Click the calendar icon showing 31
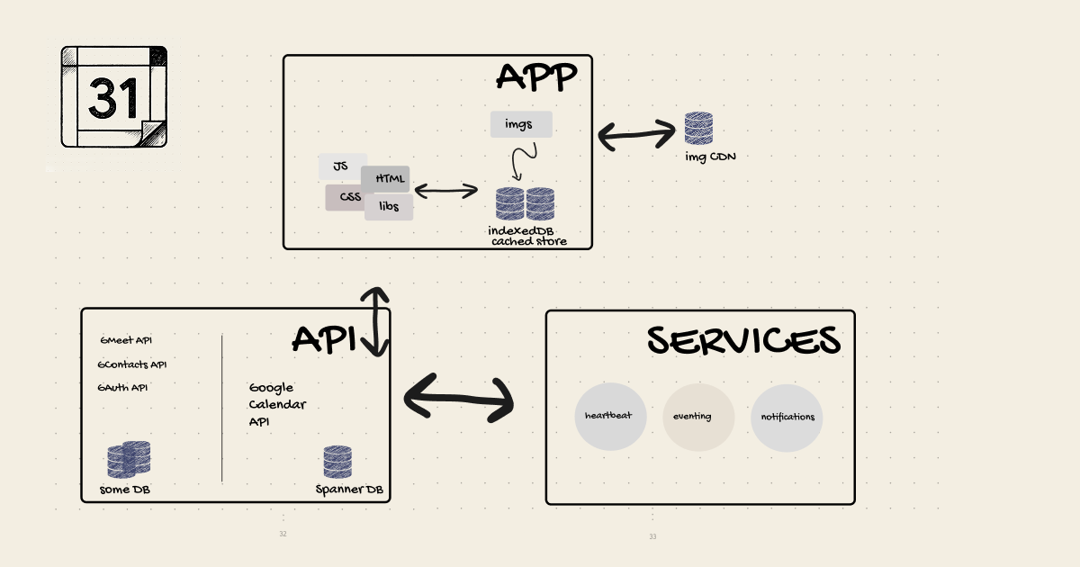click(114, 96)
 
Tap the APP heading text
click(536, 78)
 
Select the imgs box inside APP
click(521, 124)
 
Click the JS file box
click(341, 166)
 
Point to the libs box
click(389, 207)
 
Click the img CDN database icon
click(698, 129)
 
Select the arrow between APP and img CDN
click(636, 135)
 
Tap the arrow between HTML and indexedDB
click(445, 190)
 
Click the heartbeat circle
click(610, 417)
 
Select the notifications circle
click(787, 417)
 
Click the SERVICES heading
click(743, 341)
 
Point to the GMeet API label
click(126, 340)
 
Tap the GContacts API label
click(132, 364)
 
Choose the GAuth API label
click(123, 388)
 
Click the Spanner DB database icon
click(337, 462)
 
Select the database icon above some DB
click(129, 459)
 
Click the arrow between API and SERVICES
click(458, 397)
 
